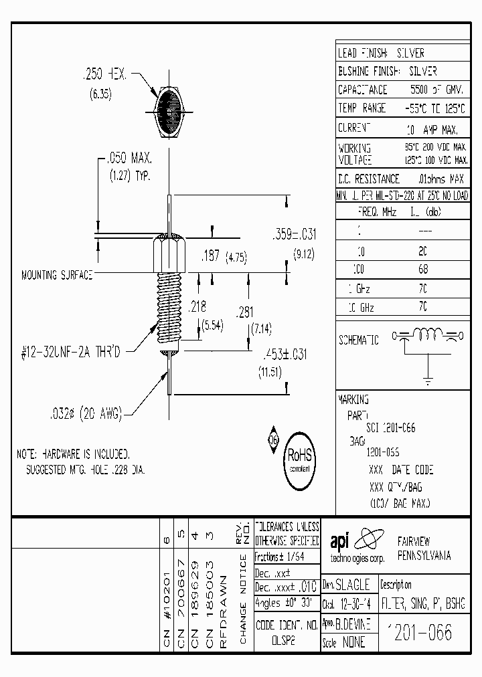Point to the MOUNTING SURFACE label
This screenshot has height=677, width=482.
(x=57, y=275)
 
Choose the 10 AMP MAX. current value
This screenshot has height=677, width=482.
(x=432, y=128)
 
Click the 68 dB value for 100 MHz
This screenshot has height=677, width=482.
(x=423, y=270)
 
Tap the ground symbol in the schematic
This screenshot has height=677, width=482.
(x=428, y=381)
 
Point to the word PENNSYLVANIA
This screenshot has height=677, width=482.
(x=424, y=556)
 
